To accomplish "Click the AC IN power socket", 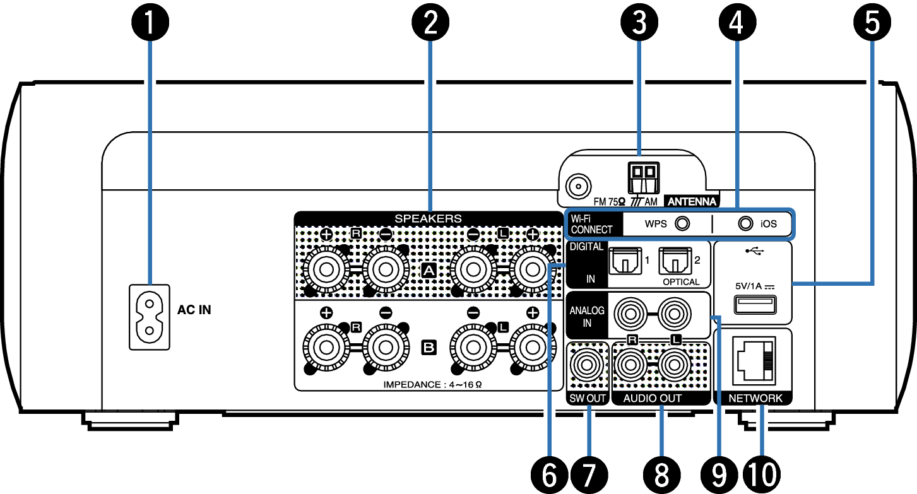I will (150, 316).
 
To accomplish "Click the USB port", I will (754, 306).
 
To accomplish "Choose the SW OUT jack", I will (588, 365).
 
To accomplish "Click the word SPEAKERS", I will (428, 218).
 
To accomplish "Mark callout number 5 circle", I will (873, 23).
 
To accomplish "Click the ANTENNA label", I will (692, 203).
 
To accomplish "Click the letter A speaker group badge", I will (429, 271).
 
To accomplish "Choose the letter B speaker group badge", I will (429, 346).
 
